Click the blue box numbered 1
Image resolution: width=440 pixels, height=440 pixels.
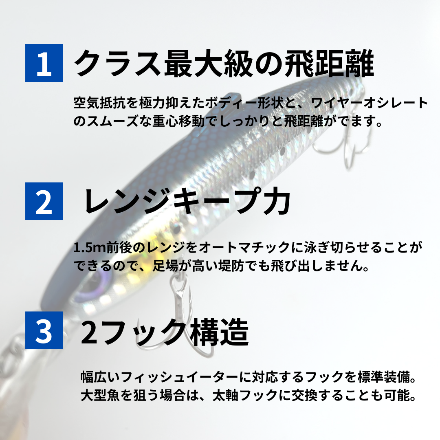click(44, 63)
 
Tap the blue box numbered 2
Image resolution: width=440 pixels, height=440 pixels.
click(44, 201)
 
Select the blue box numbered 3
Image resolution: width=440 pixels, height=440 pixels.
click(44, 330)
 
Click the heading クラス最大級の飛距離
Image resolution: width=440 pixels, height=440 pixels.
click(224, 63)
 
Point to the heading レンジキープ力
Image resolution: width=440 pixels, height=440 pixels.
click(187, 201)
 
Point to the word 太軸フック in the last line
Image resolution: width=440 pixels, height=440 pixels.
click(245, 395)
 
